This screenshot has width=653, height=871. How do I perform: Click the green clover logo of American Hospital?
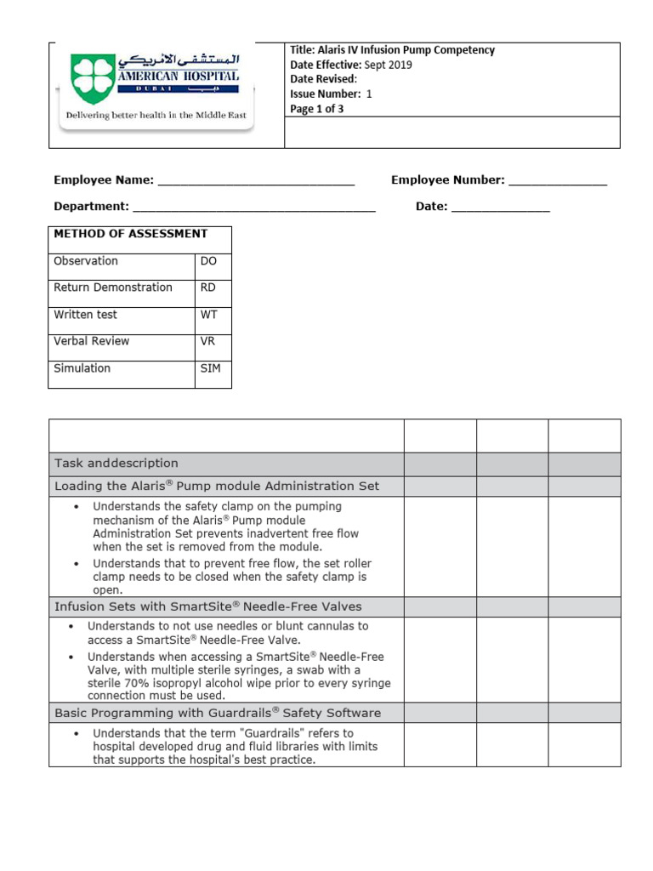point(91,78)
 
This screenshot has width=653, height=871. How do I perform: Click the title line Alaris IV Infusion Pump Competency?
point(392,50)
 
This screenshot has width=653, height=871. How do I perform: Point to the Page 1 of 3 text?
point(317,109)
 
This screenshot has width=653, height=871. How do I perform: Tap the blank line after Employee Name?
point(256,181)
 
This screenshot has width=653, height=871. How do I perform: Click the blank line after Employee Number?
point(558,181)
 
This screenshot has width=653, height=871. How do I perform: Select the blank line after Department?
point(253,208)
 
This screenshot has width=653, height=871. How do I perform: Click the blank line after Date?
point(500,208)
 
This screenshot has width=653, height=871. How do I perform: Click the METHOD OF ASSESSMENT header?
point(130,234)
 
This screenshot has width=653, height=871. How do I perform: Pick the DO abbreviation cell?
point(209,261)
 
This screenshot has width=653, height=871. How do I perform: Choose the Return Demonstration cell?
point(113,287)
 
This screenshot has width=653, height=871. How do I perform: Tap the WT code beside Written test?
point(209,315)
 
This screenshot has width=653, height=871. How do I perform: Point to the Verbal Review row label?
point(92,341)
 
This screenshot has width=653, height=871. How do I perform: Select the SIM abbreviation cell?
point(210,368)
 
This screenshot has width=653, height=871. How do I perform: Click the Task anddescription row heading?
point(116,464)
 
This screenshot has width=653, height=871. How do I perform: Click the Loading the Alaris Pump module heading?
point(217,487)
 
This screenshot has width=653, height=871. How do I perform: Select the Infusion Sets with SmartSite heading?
point(208,606)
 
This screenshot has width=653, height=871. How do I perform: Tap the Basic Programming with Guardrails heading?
point(218,713)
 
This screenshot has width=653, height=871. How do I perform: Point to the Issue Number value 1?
point(369,94)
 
